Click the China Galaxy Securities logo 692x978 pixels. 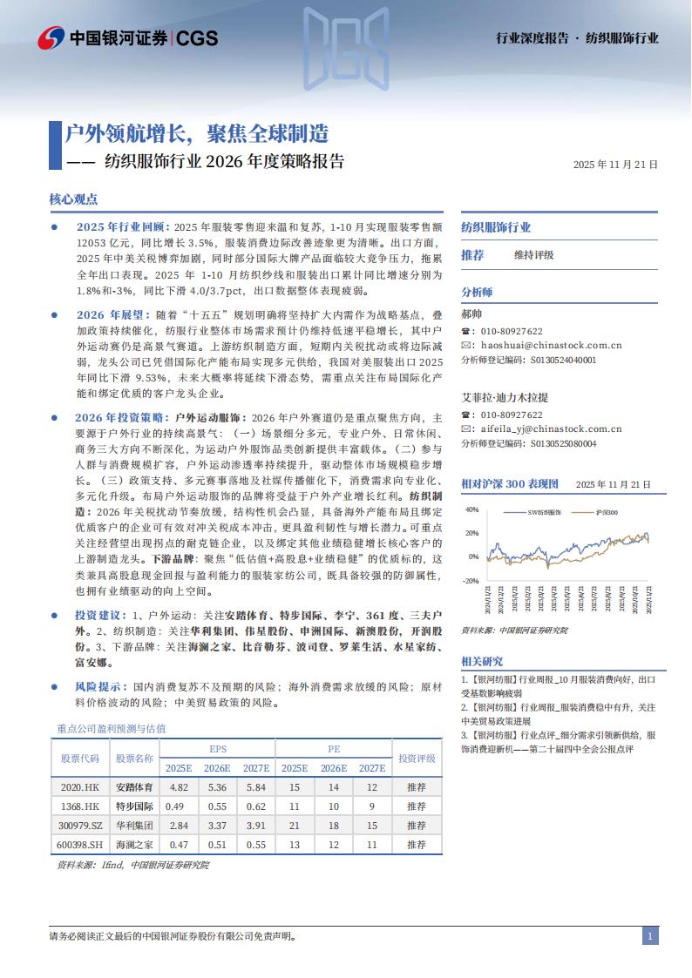click(127, 37)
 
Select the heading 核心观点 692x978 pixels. click(73, 199)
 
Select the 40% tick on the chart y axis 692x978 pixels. click(472, 509)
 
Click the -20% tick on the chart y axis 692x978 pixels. click(471, 580)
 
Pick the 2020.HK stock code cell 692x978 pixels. click(81, 786)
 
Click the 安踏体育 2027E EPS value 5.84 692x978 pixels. click(255, 786)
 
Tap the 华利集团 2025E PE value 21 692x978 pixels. click(294, 825)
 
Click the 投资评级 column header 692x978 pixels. click(417, 758)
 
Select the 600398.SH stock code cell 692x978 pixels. click(81, 844)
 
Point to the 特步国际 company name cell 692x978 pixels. click(134, 806)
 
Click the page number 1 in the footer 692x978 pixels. click(650, 936)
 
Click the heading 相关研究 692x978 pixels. click(482, 661)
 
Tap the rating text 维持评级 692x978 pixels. click(533, 255)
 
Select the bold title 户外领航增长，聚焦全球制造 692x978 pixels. click(198, 133)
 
